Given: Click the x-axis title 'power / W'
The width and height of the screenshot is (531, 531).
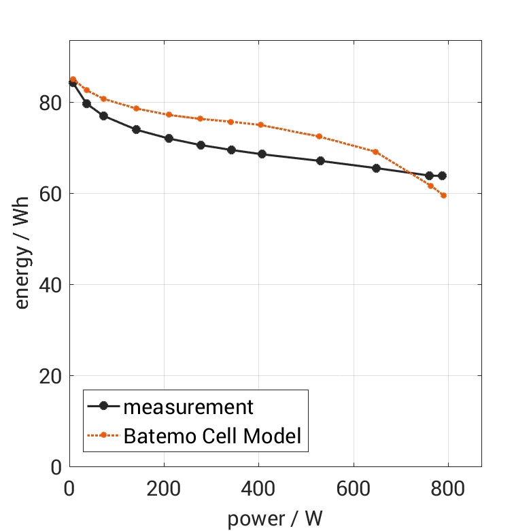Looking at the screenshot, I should coord(275,519).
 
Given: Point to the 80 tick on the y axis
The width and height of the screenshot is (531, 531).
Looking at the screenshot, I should coord(51,103).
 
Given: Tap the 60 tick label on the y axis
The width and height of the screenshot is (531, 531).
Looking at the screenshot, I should coord(51,194).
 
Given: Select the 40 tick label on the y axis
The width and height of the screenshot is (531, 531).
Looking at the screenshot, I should coord(51,285).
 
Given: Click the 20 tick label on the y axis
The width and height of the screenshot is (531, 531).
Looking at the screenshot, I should coord(51,376).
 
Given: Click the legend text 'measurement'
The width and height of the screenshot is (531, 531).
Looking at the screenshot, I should coord(188,407).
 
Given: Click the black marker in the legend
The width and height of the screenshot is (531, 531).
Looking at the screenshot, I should coord(103,407).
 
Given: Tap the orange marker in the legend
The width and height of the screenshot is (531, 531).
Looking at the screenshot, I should coord(103,435).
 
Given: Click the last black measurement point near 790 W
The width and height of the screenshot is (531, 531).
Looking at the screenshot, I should coord(442,175).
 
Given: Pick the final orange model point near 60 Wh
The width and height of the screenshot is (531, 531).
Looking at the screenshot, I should coord(444,196).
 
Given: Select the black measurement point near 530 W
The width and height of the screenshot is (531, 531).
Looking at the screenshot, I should coord(320,160).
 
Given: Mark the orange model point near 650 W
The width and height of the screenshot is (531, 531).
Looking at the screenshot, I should coord(376,152).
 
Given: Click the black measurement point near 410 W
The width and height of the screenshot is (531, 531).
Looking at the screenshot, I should coord(262,154).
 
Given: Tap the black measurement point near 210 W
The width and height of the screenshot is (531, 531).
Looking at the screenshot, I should coord(169,138).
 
